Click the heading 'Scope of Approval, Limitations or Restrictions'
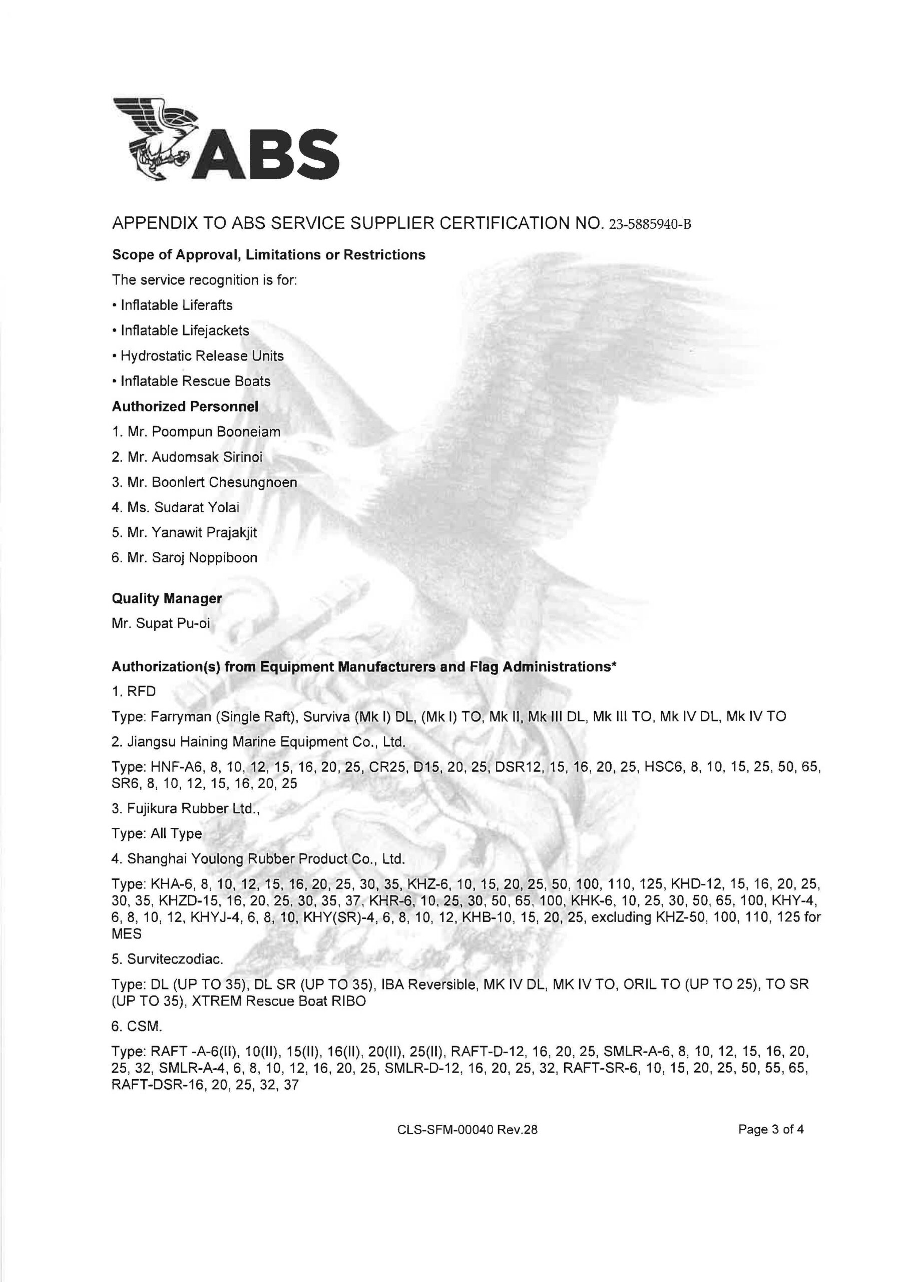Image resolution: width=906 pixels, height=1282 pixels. [x=268, y=255]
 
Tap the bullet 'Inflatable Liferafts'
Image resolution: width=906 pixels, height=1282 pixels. [x=176, y=305]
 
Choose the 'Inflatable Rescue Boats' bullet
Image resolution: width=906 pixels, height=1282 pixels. [x=195, y=382]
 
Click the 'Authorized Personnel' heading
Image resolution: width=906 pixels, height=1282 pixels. [x=185, y=407]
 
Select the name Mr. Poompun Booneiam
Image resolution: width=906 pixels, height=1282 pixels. [x=196, y=432]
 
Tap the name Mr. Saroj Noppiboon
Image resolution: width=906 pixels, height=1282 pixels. [x=184, y=557]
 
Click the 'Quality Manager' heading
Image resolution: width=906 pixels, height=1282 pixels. [x=167, y=598]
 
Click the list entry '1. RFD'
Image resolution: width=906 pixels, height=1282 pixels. [x=134, y=691]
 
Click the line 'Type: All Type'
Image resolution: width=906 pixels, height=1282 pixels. [x=157, y=834]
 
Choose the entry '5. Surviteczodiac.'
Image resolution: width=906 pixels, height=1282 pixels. [x=168, y=959]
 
